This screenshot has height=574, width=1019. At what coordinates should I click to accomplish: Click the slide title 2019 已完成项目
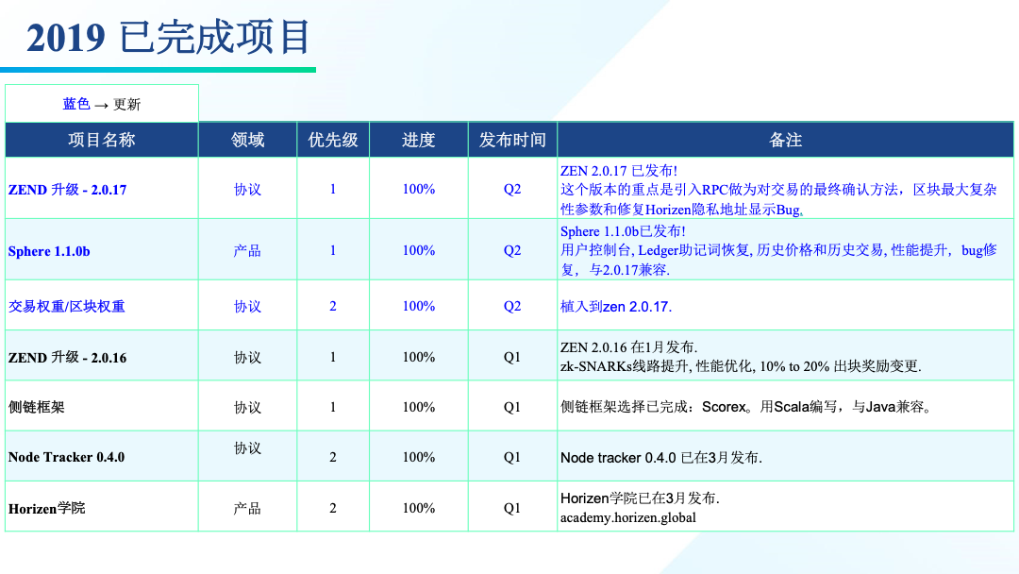coord(168,37)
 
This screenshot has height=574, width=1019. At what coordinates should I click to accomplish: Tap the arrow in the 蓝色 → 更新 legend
coord(101,105)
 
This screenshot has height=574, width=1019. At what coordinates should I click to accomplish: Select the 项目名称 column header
coord(101,140)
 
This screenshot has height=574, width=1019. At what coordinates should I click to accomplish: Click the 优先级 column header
coord(333,140)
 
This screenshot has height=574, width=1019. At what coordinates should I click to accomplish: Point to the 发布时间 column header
coord(512,140)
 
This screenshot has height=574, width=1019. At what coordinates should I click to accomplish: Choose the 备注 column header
coord(785,140)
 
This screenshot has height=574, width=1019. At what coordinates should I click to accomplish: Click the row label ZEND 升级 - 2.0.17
coord(68,190)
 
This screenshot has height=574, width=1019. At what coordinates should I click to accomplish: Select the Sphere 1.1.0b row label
coord(49,251)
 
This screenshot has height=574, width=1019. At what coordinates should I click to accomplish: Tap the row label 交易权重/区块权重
coord(66,306)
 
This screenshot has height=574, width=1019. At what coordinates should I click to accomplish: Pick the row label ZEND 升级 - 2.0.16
coord(68,358)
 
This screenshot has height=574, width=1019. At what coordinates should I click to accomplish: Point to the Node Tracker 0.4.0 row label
coord(66,457)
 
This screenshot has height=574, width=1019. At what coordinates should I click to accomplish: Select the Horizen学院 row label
coord(47,508)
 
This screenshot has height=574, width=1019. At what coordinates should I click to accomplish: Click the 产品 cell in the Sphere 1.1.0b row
coord(247,251)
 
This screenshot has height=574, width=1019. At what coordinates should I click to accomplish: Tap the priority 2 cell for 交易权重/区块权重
coord(333,306)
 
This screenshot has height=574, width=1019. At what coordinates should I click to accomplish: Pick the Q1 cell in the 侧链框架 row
coord(512,408)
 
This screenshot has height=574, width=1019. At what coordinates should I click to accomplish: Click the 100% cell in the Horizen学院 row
coord(419,508)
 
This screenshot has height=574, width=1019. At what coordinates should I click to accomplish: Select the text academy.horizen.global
coord(627,517)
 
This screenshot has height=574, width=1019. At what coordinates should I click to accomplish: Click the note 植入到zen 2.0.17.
coord(616,307)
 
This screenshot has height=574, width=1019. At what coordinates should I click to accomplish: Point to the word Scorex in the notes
coord(724,407)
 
